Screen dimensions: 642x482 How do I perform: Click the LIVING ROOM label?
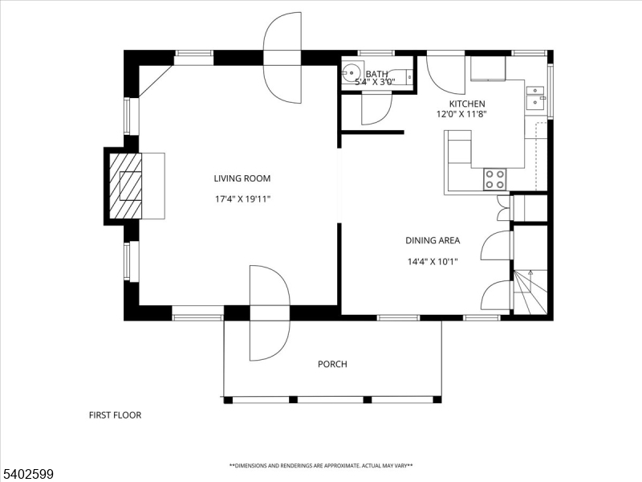tap(242, 178)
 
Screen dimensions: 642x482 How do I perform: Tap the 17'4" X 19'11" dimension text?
tap(243, 199)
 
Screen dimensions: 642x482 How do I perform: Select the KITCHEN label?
tap(467, 104)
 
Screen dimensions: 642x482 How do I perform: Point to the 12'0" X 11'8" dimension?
tap(461, 114)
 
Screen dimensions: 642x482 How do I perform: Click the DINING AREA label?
tap(433, 240)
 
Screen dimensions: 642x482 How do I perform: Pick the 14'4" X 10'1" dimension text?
tap(433, 262)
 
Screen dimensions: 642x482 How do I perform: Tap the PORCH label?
tap(332, 364)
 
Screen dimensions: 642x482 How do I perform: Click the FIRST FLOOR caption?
tap(115, 415)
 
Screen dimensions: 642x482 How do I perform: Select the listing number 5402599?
tap(26, 474)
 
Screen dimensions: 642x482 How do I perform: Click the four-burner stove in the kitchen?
tap(494, 179)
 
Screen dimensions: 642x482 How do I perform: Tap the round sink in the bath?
tap(352, 73)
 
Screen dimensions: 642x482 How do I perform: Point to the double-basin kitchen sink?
tap(534, 98)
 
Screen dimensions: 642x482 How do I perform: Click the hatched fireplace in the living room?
tap(126, 186)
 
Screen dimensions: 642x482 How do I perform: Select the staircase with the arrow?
tap(530, 292)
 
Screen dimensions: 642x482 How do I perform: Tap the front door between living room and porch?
tap(270, 312)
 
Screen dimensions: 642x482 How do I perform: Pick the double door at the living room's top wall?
tap(282, 57)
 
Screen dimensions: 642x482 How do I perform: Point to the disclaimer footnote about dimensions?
tap(321, 466)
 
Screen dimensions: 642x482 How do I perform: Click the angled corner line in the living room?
tap(156, 82)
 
